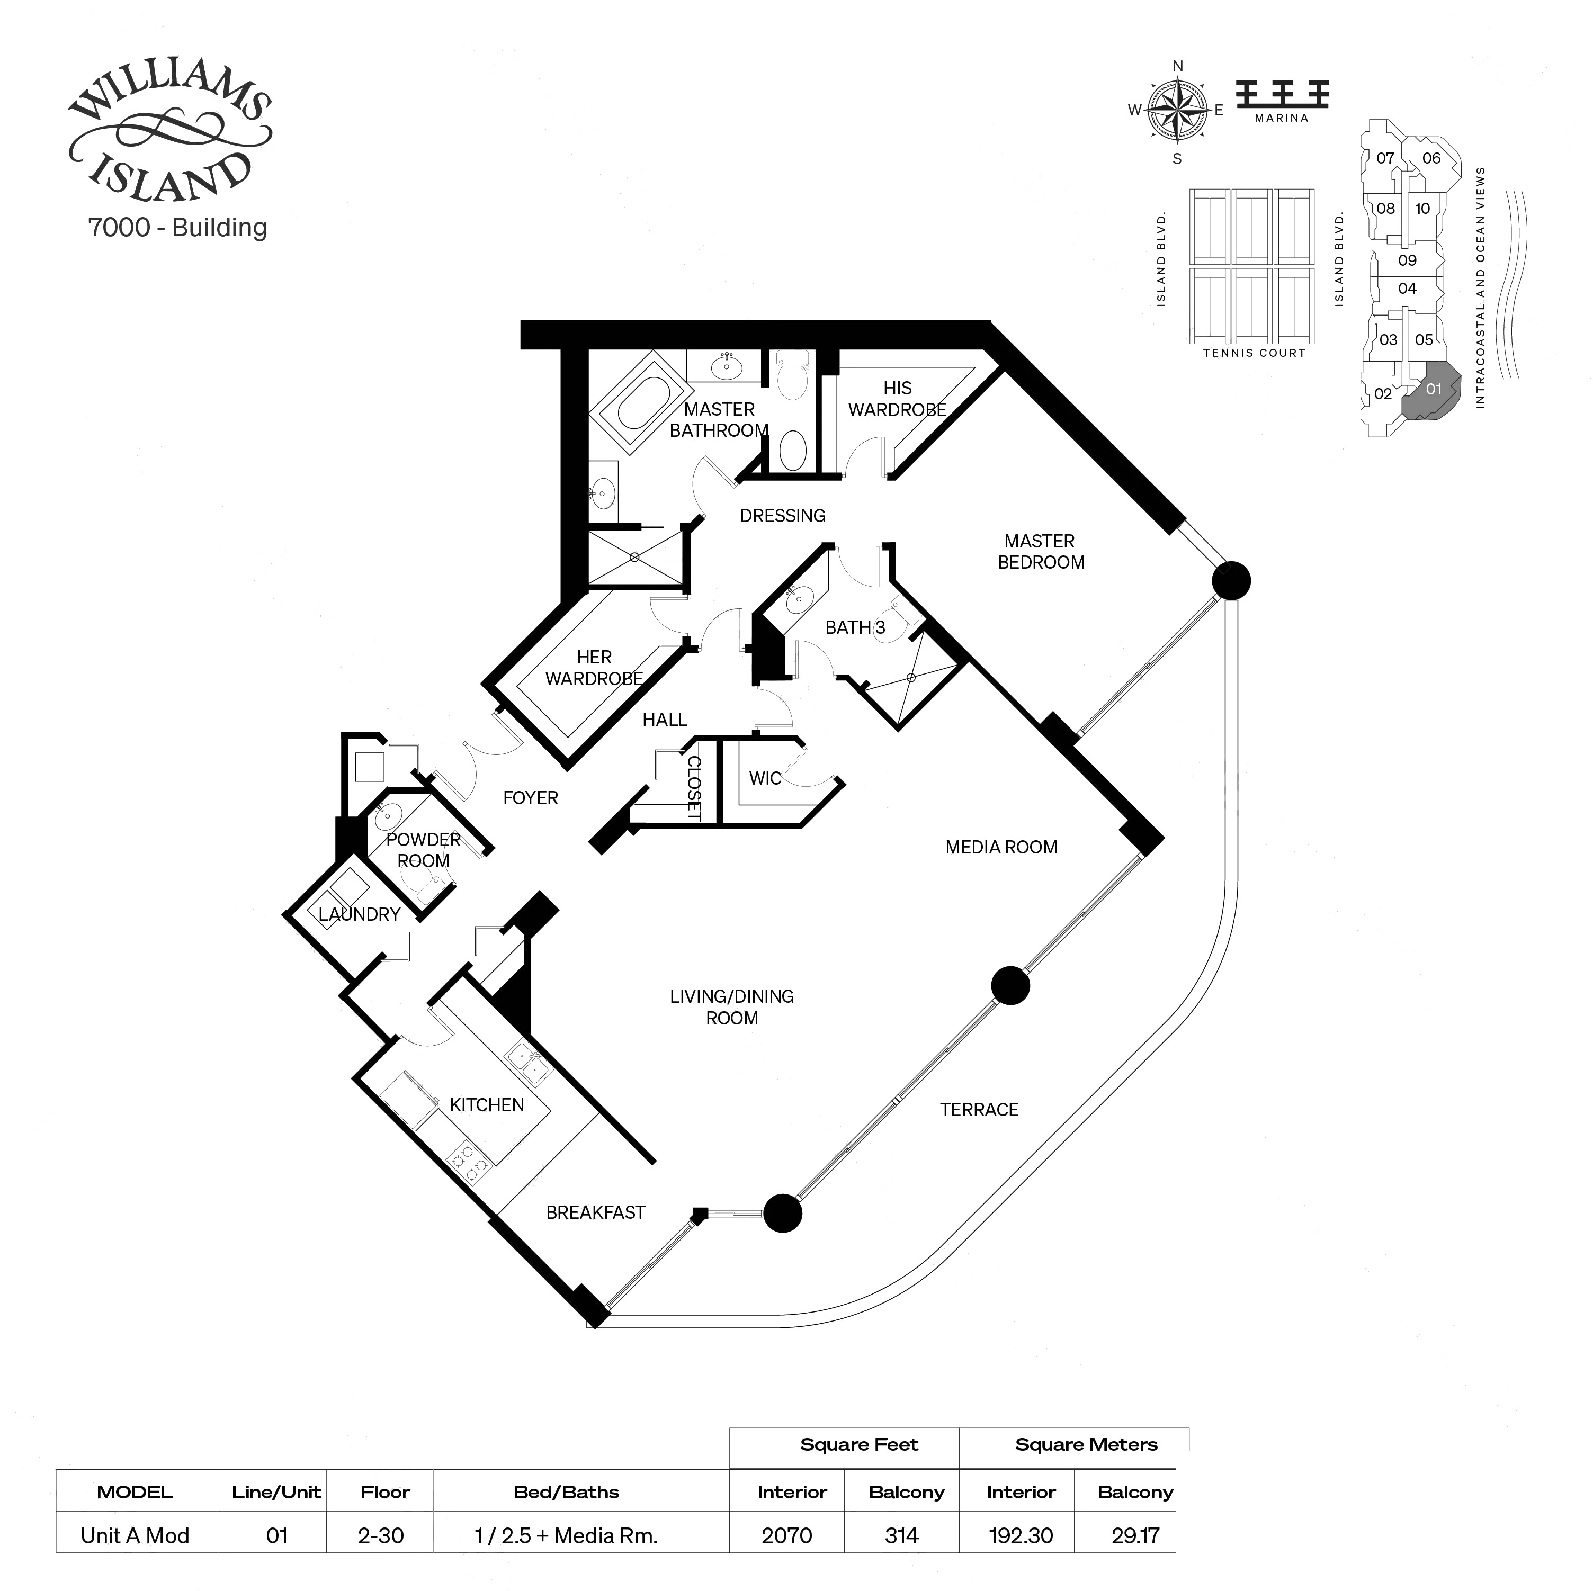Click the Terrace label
click(979, 1110)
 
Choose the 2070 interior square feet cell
click(786, 1535)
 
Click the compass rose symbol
click(1177, 110)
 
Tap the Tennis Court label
click(1254, 353)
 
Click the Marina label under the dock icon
click(1281, 118)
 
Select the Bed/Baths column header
click(566, 1491)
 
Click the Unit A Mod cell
click(135, 1535)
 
